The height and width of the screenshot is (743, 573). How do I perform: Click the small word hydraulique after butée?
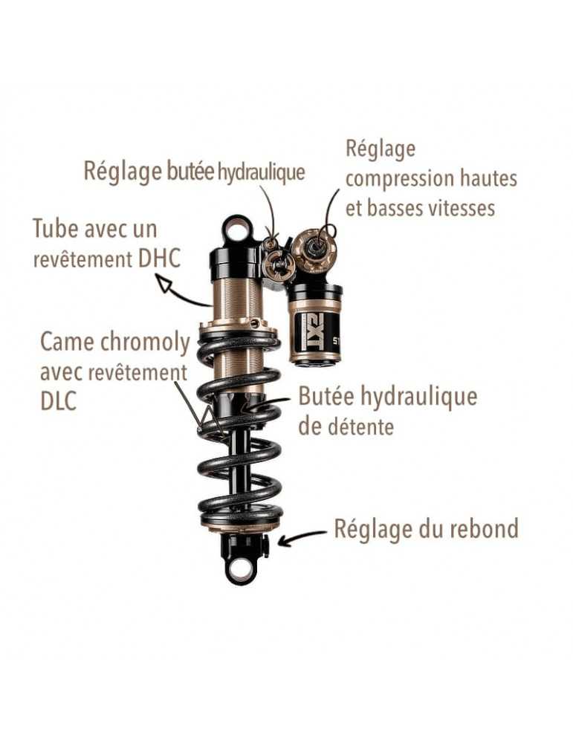(261, 172)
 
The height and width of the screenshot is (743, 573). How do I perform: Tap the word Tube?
(55, 228)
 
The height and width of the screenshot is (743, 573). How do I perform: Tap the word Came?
(66, 342)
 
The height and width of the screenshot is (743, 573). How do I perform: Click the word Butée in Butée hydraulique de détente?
(326, 397)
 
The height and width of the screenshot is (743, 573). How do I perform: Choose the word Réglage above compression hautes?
(381, 149)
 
